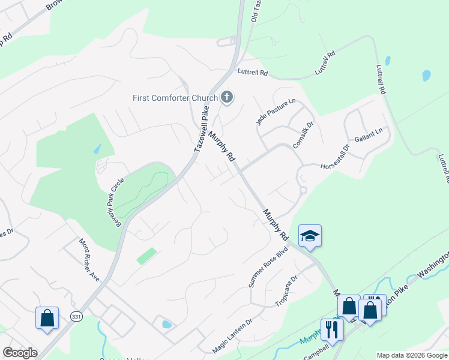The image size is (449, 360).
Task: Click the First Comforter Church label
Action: [x=175, y=98]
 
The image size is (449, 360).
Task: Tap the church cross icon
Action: [x=227, y=97]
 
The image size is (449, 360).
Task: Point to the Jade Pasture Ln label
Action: [x=276, y=112]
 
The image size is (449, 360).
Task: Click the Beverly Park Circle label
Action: [x=113, y=197]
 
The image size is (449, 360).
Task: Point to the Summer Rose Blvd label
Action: [x=268, y=266]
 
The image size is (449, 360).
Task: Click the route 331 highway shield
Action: [x=76, y=316]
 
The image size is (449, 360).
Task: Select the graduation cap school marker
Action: [x=310, y=236]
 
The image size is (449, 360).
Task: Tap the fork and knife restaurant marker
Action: [x=331, y=328]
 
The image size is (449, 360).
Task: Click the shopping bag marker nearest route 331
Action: [x=47, y=317]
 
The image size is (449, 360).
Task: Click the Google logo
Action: [x=20, y=353]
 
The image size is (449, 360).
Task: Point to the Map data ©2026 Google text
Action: [x=412, y=355]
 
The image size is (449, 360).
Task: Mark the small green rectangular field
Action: [x=146, y=256]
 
